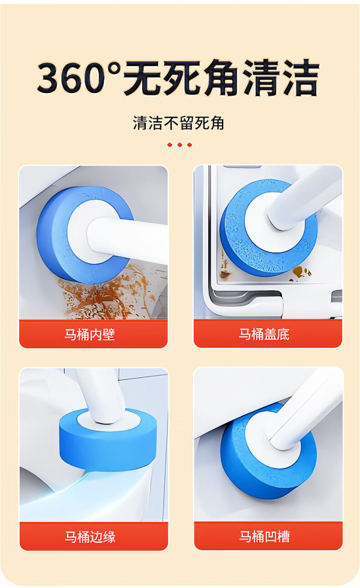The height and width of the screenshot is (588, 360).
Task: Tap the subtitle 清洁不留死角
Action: click(179, 123)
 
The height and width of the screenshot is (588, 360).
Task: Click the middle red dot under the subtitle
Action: click(179, 145)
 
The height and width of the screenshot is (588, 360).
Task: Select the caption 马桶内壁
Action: click(89, 334)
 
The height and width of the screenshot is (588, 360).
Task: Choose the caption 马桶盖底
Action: click(264, 334)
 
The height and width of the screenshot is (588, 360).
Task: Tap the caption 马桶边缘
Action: click(90, 536)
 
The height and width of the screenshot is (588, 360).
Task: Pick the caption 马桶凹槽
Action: click(265, 536)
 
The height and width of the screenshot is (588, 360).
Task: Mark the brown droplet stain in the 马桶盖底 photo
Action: click(299, 272)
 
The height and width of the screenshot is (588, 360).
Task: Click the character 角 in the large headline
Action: click(221, 78)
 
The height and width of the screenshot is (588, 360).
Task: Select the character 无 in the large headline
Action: click(143, 78)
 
